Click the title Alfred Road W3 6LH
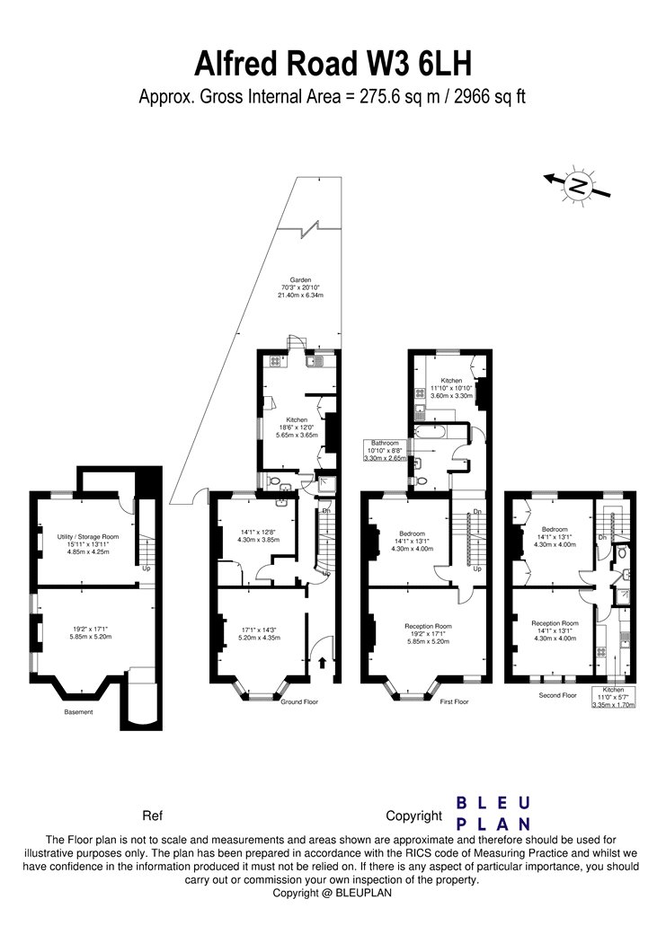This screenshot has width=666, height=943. (x=333, y=66)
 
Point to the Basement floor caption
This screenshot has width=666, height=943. (x=78, y=712)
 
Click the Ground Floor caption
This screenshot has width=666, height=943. (x=298, y=701)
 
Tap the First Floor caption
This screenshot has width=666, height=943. (x=454, y=701)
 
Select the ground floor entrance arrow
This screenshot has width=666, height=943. (x=321, y=664)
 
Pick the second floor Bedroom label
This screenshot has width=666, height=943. (x=555, y=529)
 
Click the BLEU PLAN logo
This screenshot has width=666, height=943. (x=494, y=812)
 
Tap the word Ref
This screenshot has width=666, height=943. (x=153, y=816)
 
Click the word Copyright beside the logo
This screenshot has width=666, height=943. (x=414, y=816)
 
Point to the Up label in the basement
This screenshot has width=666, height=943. (x=147, y=568)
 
